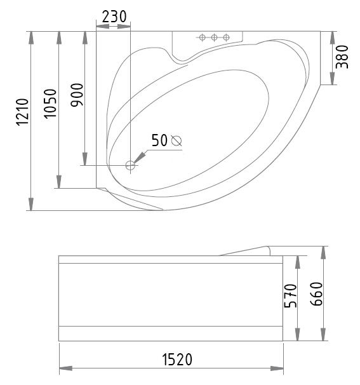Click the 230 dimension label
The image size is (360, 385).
point(114,17)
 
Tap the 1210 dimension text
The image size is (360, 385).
point(23,112)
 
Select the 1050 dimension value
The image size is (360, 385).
point(51,104)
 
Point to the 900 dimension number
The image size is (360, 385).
point(77,95)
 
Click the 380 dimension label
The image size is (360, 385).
point(342,57)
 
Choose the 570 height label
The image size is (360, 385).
point(290,296)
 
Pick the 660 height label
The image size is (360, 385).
point(316,294)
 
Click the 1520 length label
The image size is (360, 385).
point(177,360)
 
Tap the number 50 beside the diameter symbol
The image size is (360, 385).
point(159,140)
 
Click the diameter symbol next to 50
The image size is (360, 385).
point(177,140)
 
